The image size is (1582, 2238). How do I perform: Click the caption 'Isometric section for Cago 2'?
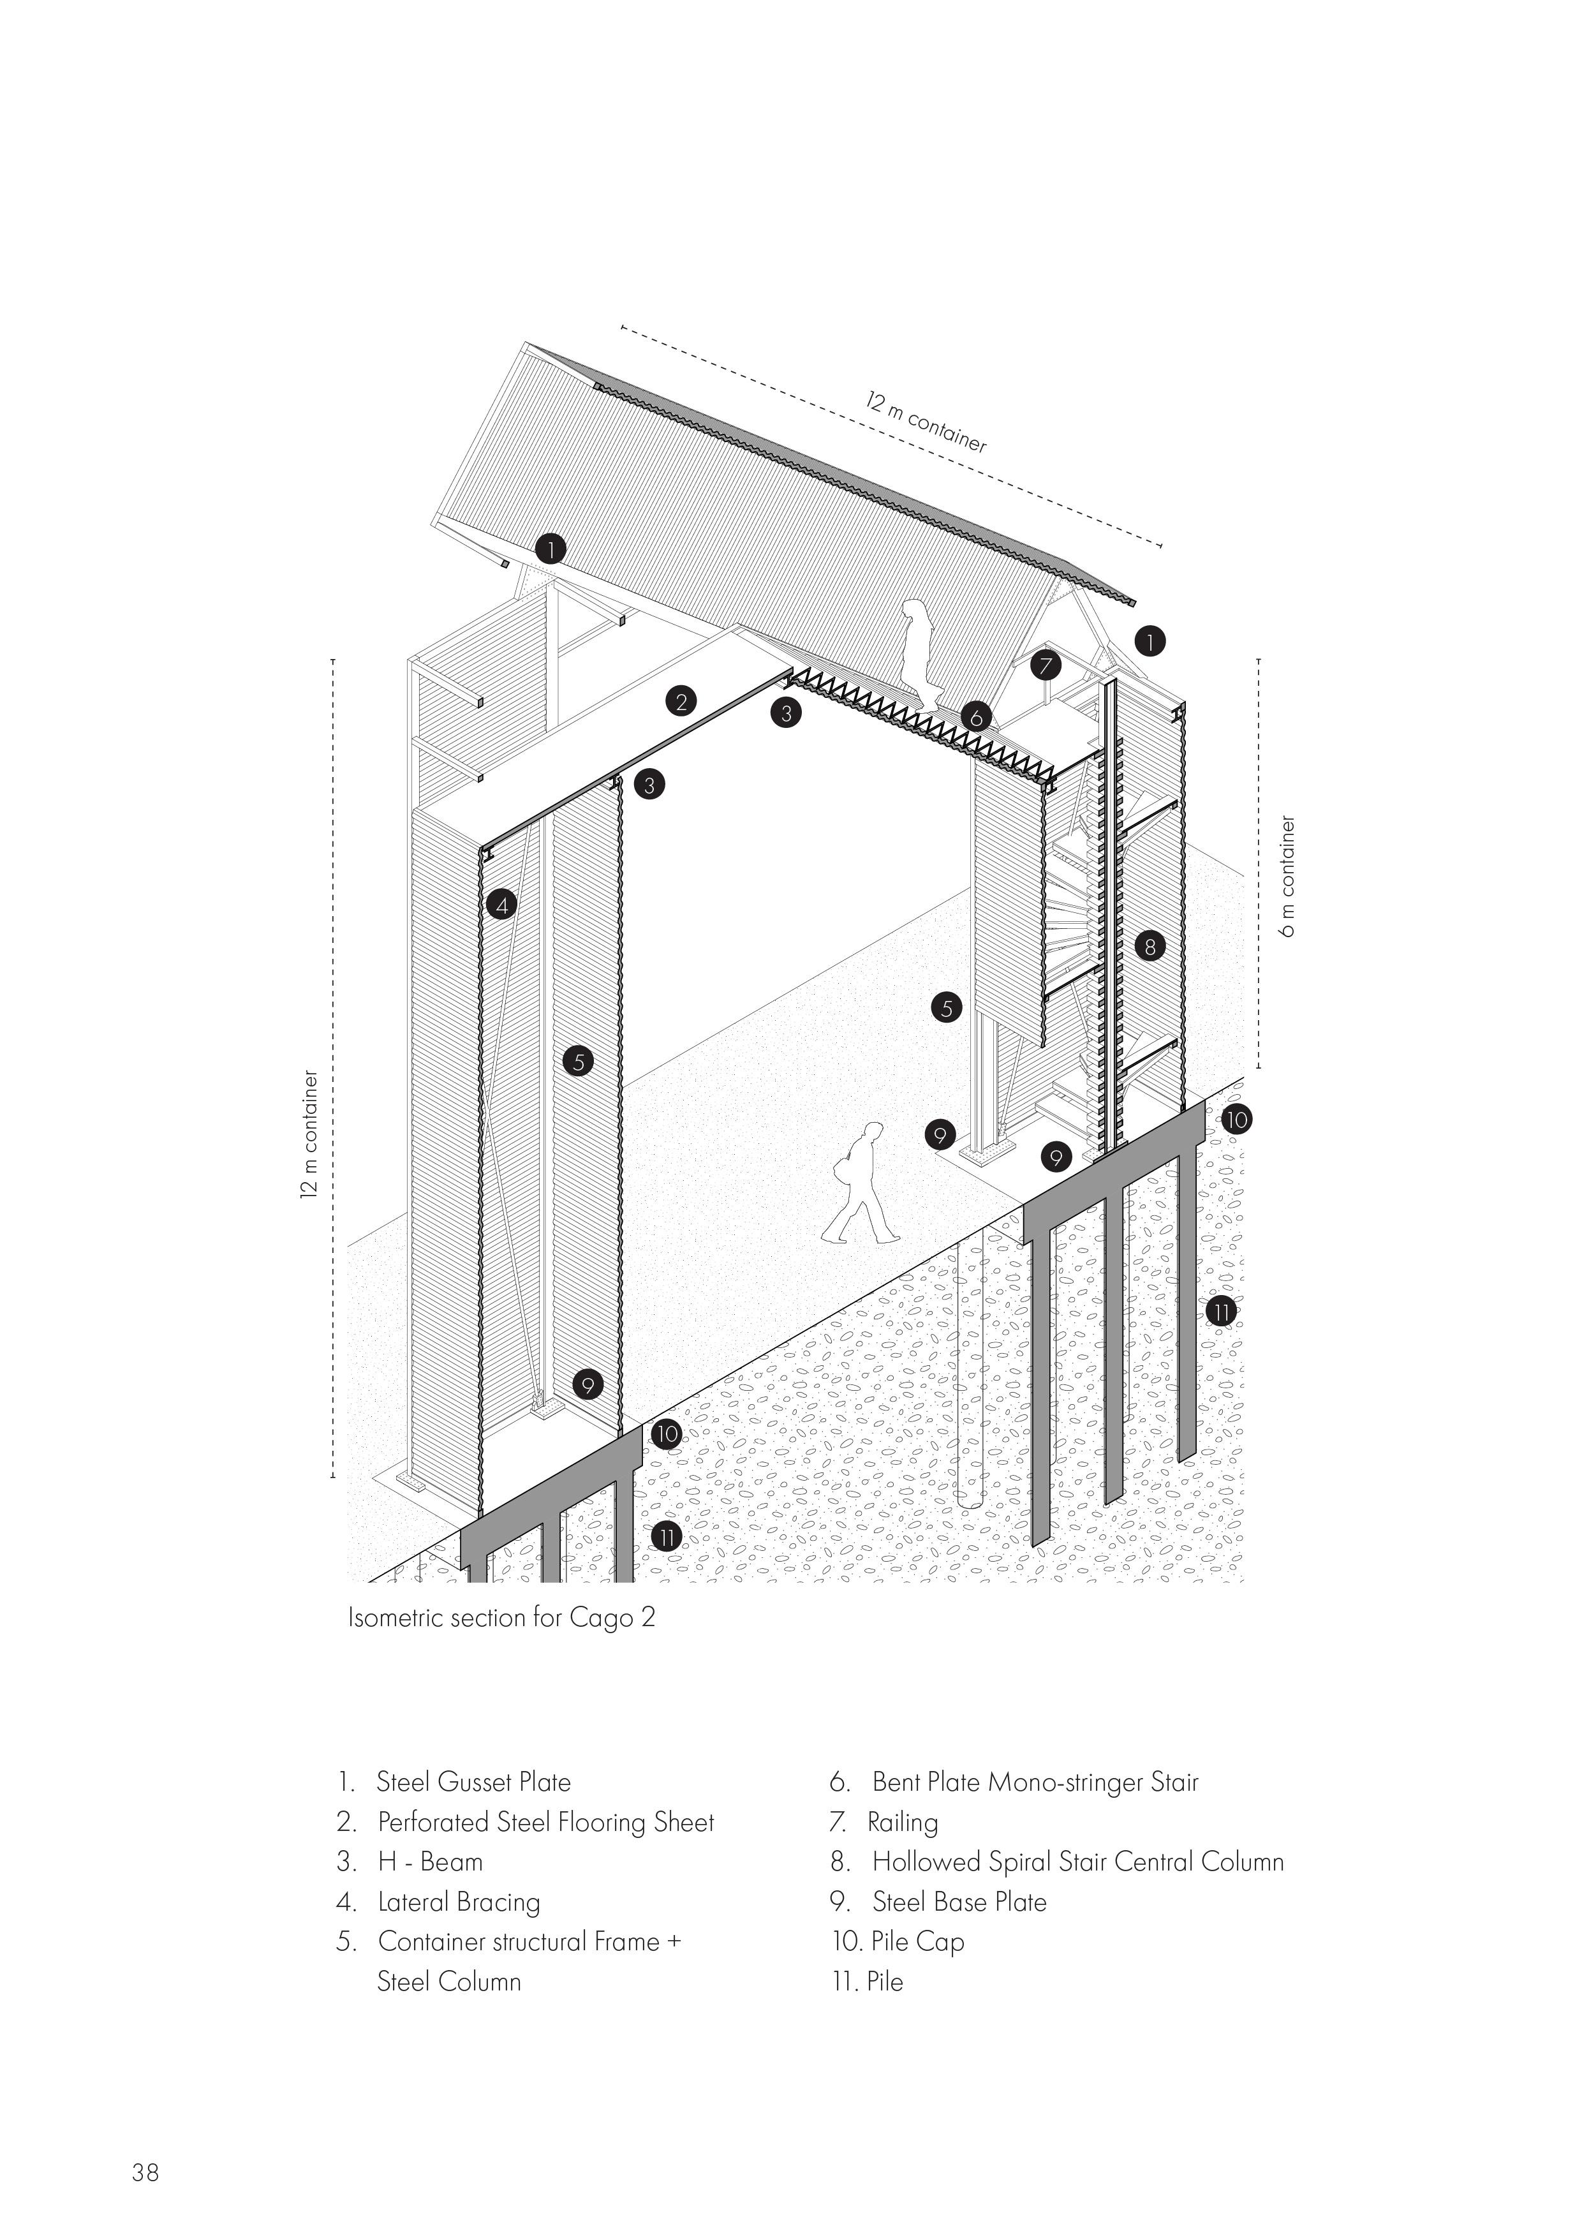pyautogui.click(x=501, y=1617)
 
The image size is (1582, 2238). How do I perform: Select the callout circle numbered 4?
pyautogui.click(x=501, y=905)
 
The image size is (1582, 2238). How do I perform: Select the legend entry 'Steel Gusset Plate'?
pyautogui.click(x=473, y=1782)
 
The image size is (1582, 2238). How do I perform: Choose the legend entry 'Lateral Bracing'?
pyautogui.click(x=458, y=1902)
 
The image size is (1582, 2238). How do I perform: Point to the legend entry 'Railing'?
pyautogui.click(x=903, y=1822)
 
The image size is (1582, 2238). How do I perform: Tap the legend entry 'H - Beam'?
pyautogui.click(x=430, y=1862)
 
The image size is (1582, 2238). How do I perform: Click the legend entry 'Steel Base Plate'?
pyautogui.click(x=958, y=1902)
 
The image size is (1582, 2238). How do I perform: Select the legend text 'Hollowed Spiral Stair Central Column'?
pyautogui.click(x=1077, y=1862)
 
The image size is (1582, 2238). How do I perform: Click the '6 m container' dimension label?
pyautogui.click(x=1290, y=877)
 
